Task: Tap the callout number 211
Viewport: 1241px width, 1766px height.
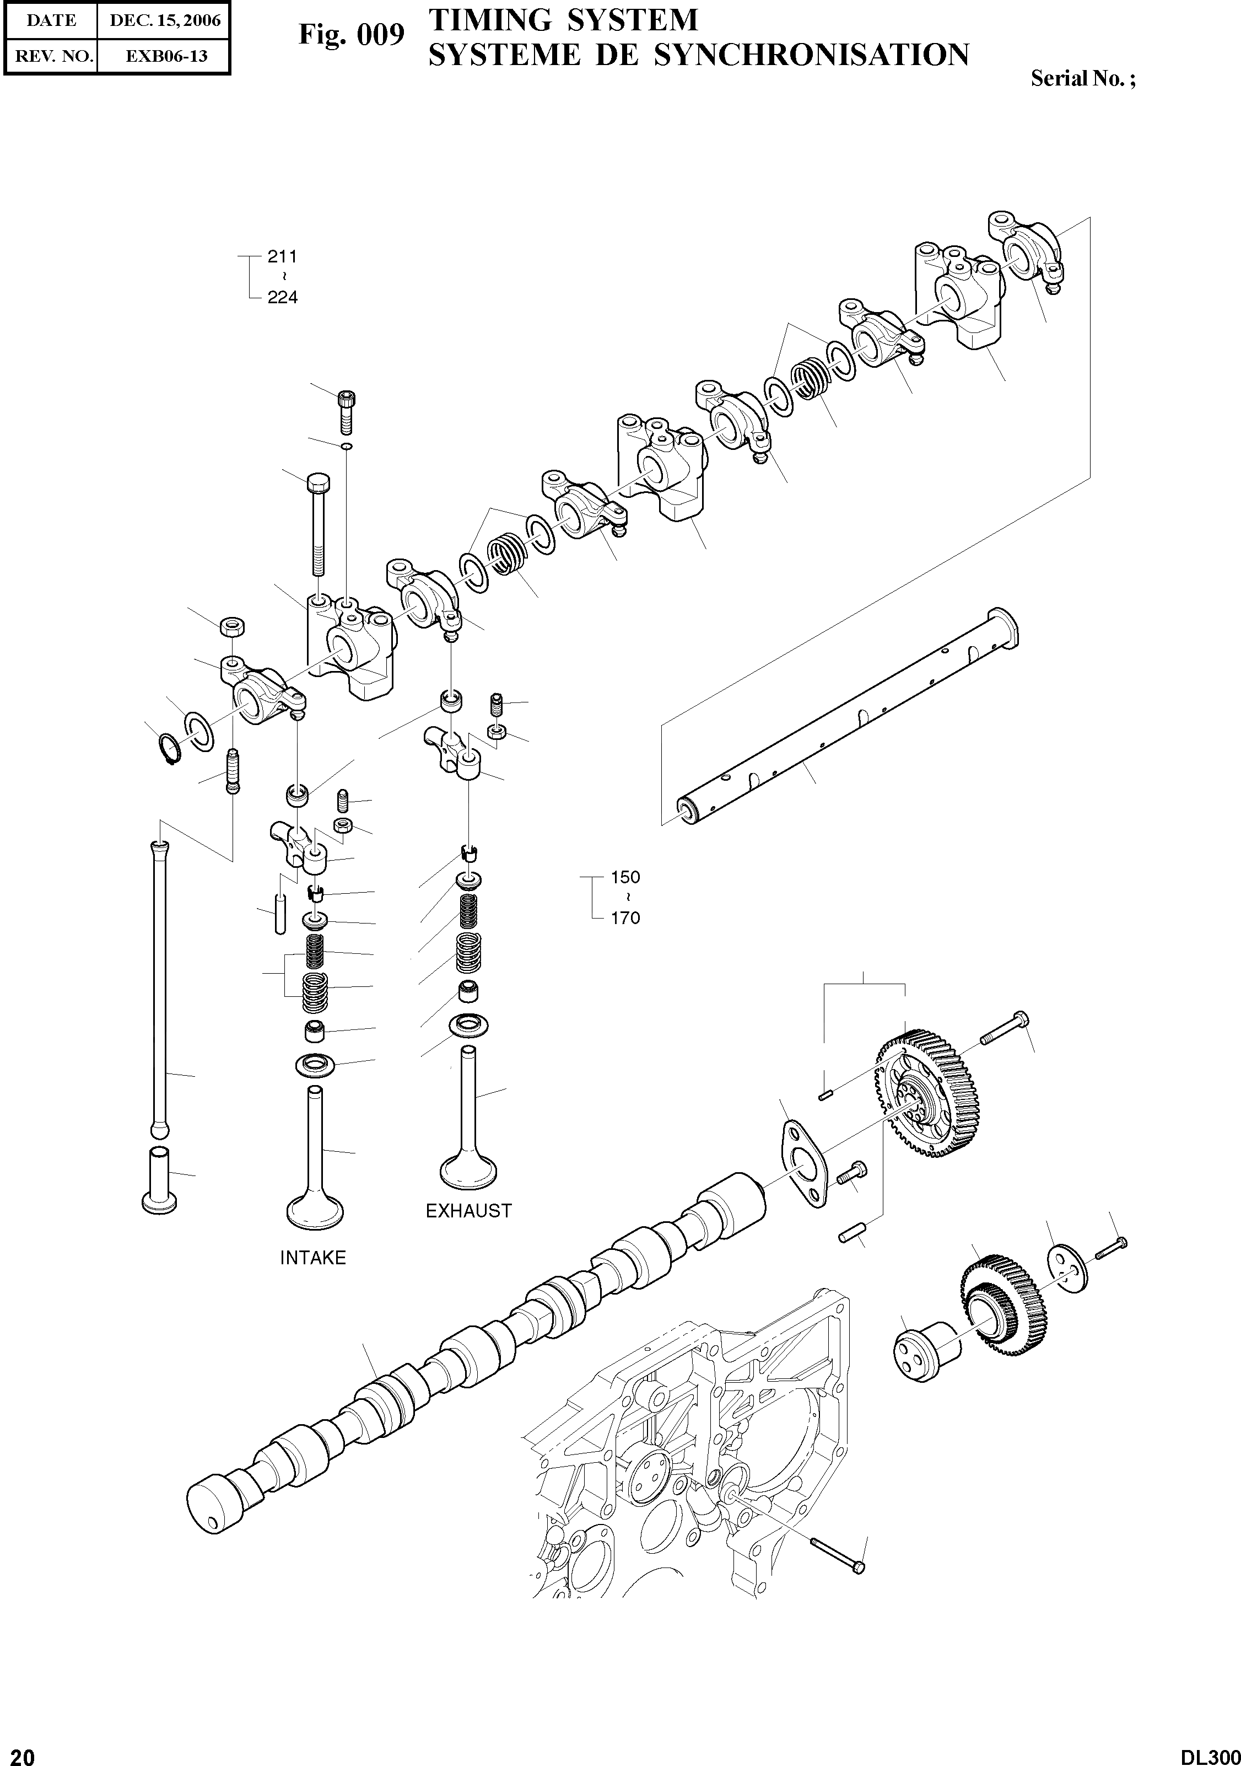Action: point(282,256)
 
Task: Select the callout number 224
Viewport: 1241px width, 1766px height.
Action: point(282,297)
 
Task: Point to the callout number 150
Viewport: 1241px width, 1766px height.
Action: point(624,877)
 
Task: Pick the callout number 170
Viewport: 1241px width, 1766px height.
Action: point(624,917)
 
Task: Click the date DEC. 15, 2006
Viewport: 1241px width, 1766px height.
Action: point(165,21)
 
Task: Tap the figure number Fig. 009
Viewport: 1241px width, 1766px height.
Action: point(352,35)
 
